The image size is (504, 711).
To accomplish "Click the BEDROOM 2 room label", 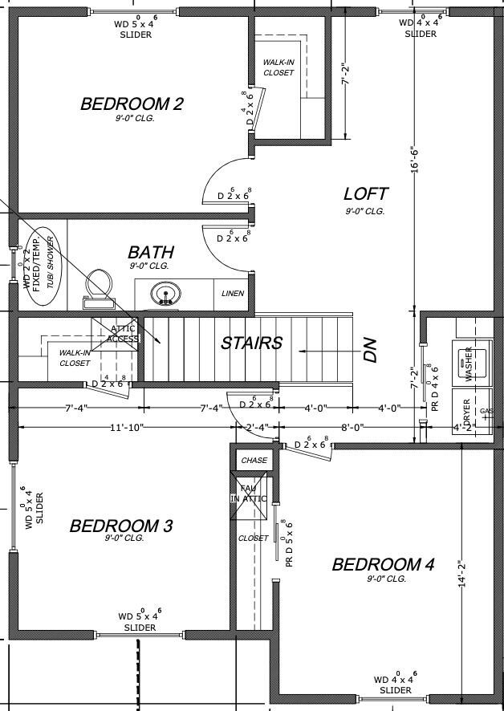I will click(132, 104).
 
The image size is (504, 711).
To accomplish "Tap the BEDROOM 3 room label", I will click(121, 526).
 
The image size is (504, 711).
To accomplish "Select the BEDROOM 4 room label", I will click(383, 565).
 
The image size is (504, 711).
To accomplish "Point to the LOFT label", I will click(365, 194).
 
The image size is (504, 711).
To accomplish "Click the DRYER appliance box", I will click(467, 411).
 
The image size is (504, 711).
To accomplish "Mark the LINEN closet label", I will click(233, 294).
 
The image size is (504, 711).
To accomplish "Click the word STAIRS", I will click(252, 343).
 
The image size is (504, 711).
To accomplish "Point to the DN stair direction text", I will click(370, 350).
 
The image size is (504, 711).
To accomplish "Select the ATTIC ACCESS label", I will click(124, 333).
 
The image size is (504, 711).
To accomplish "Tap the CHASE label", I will click(254, 461).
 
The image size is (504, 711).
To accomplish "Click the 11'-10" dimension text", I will click(127, 428).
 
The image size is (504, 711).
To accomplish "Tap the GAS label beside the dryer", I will click(486, 411).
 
